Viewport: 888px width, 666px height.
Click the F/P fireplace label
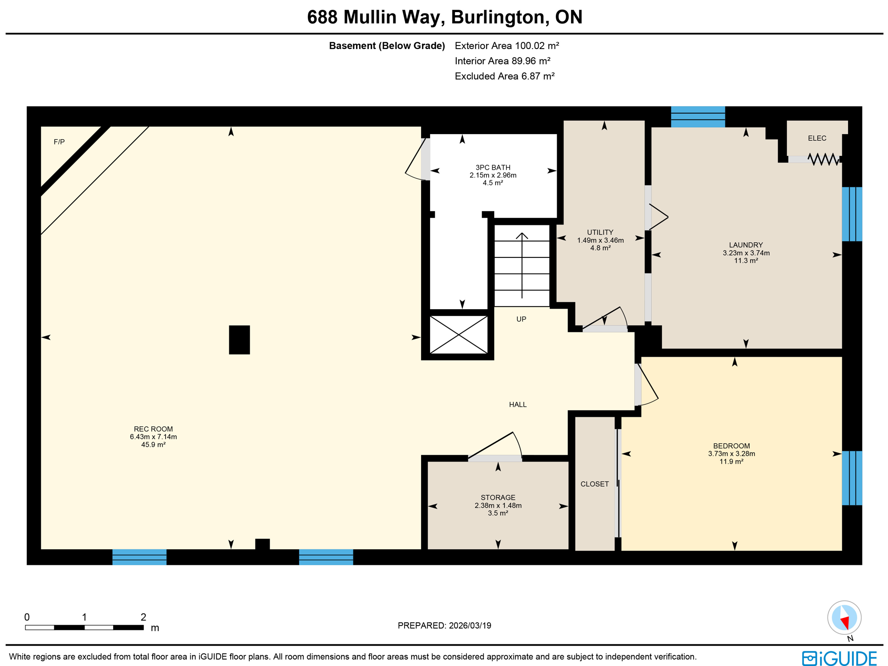[x=59, y=142]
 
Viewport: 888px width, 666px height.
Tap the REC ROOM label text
[x=153, y=429]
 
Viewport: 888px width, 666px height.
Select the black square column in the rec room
[x=239, y=340]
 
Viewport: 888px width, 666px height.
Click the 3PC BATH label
[x=493, y=168]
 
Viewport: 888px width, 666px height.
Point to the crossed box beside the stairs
[x=458, y=335]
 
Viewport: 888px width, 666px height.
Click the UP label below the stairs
[x=521, y=319]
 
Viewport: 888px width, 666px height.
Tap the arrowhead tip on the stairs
[x=522, y=234]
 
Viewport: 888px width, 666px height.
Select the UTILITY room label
[x=600, y=232]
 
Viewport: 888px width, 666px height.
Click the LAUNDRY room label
[x=745, y=245]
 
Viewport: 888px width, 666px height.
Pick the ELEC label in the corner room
[x=817, y=138]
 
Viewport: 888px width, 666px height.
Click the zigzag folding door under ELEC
[x=823, y=159]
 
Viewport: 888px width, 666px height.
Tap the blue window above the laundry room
[x=698, y=116]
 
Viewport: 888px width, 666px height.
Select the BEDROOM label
[x=731, y=446]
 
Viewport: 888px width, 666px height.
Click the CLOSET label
[x=594, y=484]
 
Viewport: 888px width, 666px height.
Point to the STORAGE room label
[x=498, y=498]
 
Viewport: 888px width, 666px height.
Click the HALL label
[x=518, y=405]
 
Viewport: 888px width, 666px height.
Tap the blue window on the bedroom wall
[x=852, y=478]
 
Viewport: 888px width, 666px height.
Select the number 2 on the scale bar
[x=143, y=617]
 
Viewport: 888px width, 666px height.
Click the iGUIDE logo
[x=839, y=658]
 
